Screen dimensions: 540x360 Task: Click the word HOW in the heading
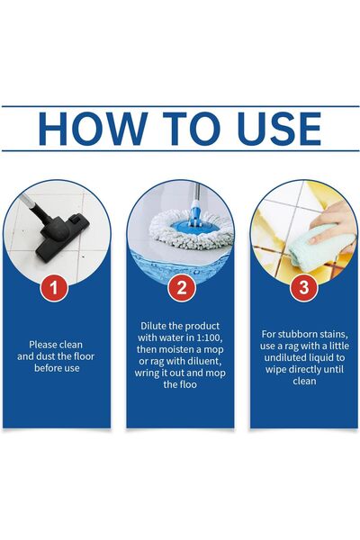point(85,128)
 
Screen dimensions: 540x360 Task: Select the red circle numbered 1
point(55,288)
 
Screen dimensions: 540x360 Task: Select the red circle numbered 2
point(180,288)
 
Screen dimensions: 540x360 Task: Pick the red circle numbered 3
point(304,288)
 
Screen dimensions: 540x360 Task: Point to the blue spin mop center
point(190,222)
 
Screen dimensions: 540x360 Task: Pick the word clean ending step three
point(304,380)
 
